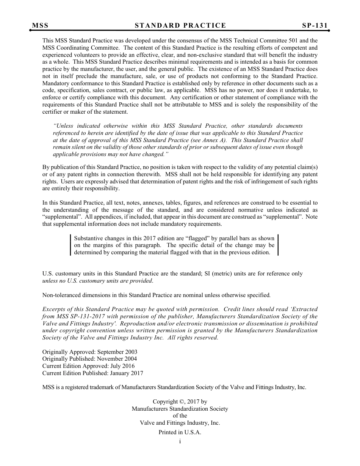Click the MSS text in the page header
coord(40,25)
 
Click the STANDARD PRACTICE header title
coord(180,25)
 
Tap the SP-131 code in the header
coord(315,25)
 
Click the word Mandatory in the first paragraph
coord(55,83)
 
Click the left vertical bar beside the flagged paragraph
coord(71,246)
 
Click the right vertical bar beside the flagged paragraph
coord(278,246)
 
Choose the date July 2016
coord(122,366)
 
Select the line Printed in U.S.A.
coord(180,432)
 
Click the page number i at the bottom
coord(180,441)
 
